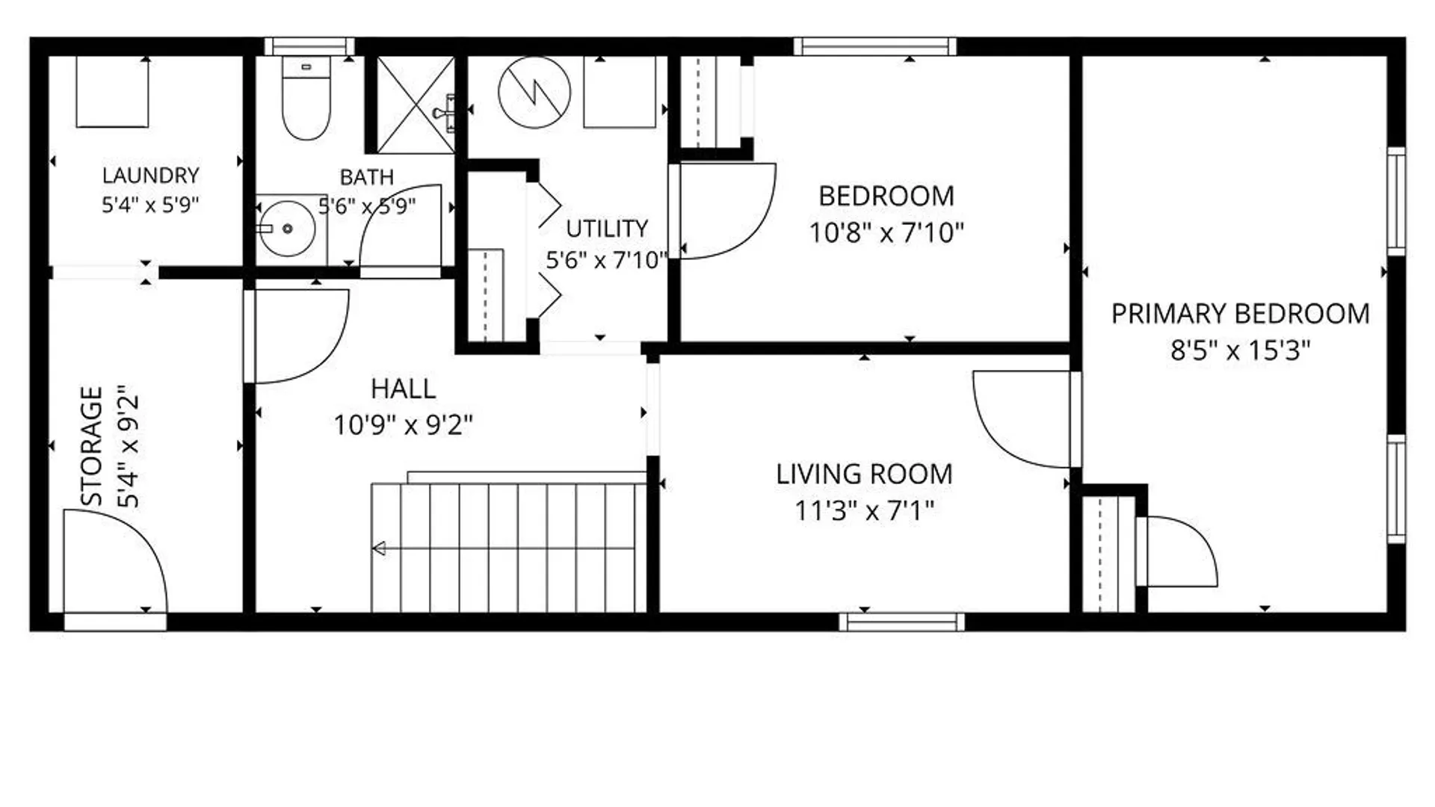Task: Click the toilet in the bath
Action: (x=306, y=99)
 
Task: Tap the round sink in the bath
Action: (x=288, y=228)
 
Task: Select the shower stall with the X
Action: (x=415, y=105)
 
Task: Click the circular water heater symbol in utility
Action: (x=534, y=93)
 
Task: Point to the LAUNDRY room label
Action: (x=150, y=176)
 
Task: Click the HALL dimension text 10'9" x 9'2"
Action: (x=403, y=425)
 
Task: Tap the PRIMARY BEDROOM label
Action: (x=1240, y=314)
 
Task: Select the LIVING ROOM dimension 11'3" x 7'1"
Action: (x=864, y=511)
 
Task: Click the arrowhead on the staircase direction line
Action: (x=379, y=548)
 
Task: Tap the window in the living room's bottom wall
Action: (x=901, y=622)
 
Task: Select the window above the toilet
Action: (x=309, y=46)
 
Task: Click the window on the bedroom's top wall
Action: (x=874, y=46)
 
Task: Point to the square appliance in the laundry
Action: (x=112, y=91)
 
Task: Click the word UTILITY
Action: (x=606, y=229)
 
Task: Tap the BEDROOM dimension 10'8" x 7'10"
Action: (x=886, y=233)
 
